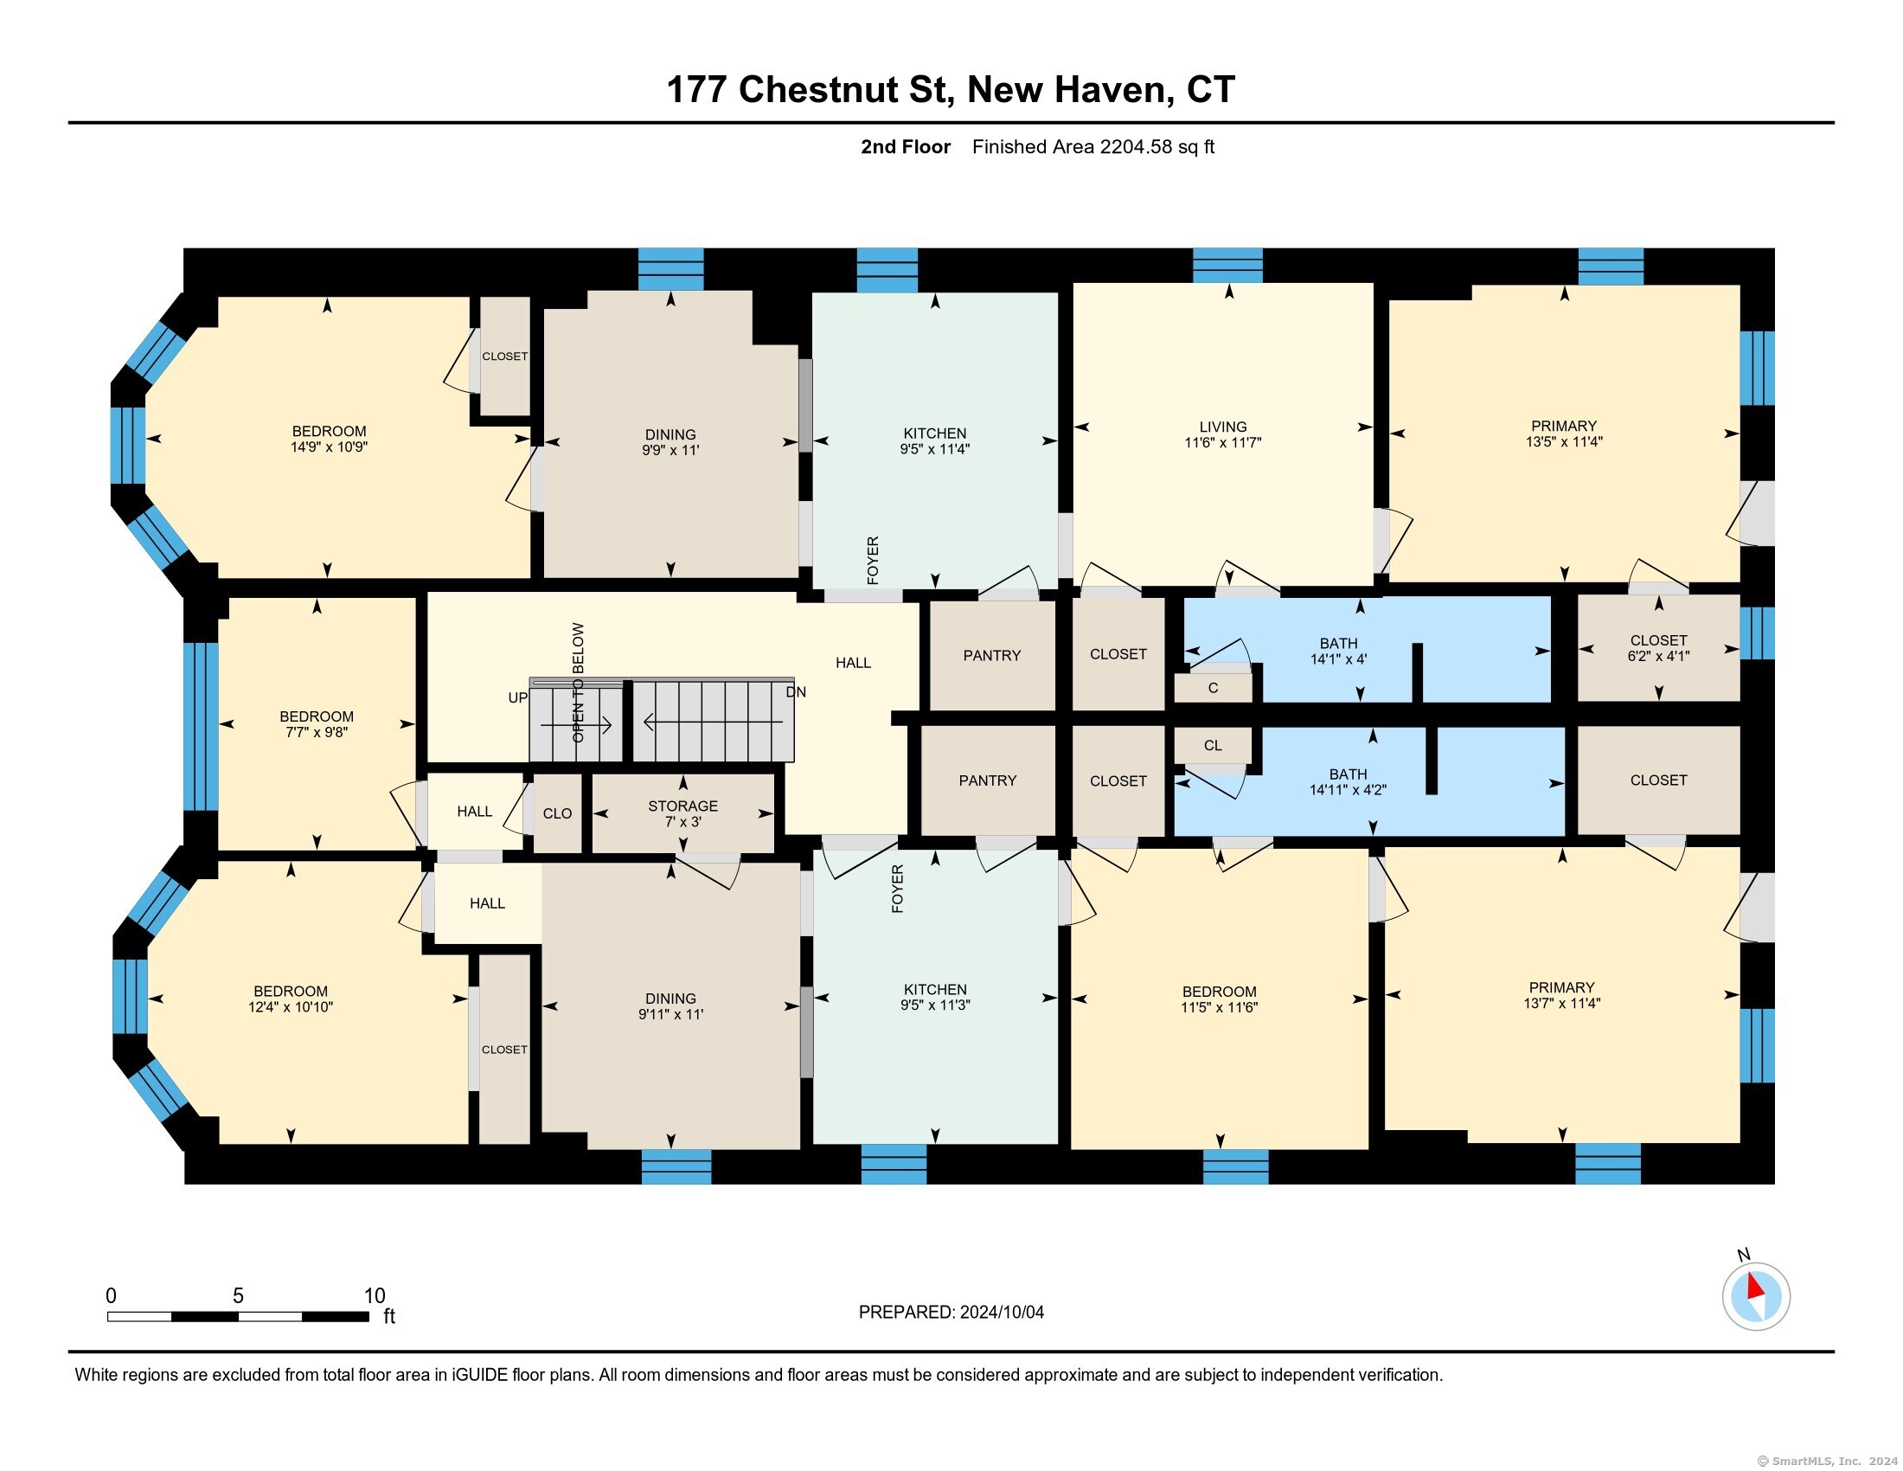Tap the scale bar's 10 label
(374, 1296)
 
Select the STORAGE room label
(683, 806)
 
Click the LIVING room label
(1222, 427)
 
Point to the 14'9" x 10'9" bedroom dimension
(329, 447)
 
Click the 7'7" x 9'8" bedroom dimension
(317, 732)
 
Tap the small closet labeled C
(1213, 688)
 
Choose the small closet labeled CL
(1213, 745)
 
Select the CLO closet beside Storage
(558, 813)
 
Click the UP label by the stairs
(518, 697)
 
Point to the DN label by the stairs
(796, 692)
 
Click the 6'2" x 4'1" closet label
(1658, 656)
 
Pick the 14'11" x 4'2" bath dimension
(1348, 789)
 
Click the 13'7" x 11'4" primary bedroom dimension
(1561, 1003)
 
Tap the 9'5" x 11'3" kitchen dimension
(935, 1004)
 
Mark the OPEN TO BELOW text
(578, 683)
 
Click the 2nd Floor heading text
(906, 146)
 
